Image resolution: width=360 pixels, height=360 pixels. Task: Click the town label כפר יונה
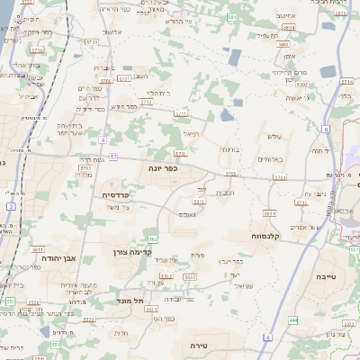[x=163, y=167]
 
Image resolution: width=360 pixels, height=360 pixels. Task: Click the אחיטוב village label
[x=286, y=14]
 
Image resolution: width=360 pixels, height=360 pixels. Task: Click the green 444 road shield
[x=294, y=319]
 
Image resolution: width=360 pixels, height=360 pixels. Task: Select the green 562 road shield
[x=154, y=238]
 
